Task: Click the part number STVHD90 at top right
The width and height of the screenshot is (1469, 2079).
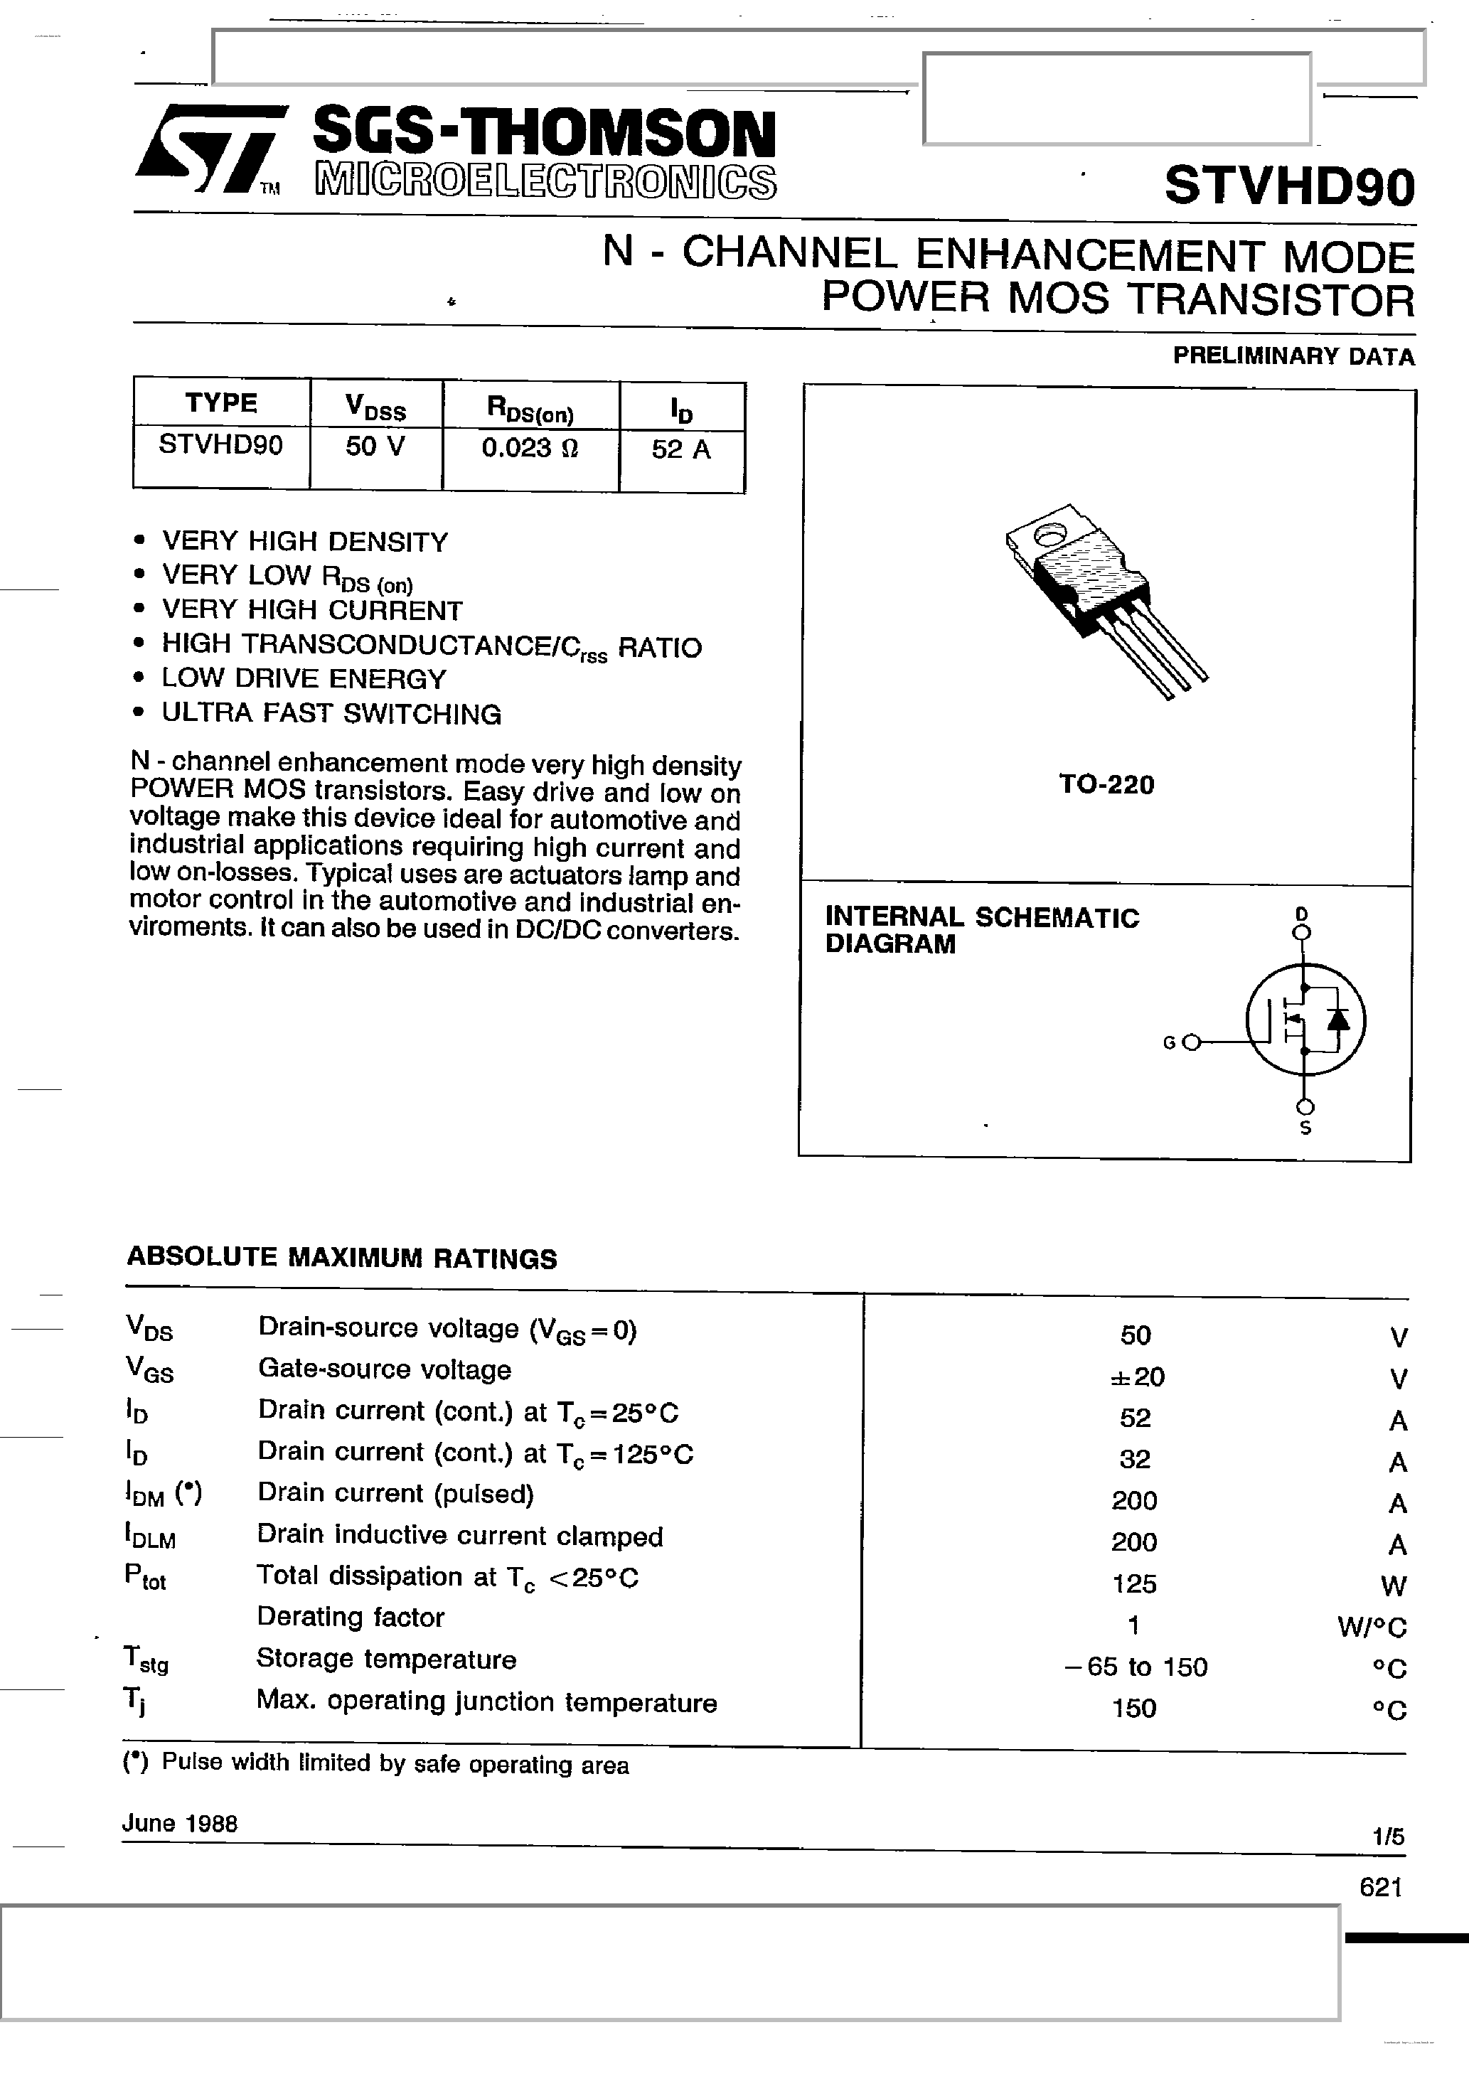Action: (x=1289, y=186)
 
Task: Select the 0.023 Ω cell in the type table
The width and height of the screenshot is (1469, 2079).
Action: (x=530, y=448)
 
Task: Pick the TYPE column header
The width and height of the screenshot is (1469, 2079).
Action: (x=221, y=403)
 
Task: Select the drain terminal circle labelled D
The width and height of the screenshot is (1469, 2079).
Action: (x=1303, y=931)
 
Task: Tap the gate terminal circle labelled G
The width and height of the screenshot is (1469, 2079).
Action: (x=1191, y=1042)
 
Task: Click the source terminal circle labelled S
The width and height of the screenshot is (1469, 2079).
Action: (x=1305, y=1106)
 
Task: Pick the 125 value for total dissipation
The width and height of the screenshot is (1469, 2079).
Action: (x=1134, y=1583)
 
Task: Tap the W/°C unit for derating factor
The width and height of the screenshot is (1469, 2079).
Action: (x=1371, y=1628)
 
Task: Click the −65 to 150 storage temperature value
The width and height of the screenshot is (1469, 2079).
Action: (x=1136, y=1667)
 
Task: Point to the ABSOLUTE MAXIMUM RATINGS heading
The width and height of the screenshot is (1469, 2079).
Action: (x=341, y=1258)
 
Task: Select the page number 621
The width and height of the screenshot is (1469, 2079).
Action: (x=1380, y=1887)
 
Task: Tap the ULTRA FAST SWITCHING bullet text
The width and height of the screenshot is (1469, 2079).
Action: (x=331, y=715)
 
